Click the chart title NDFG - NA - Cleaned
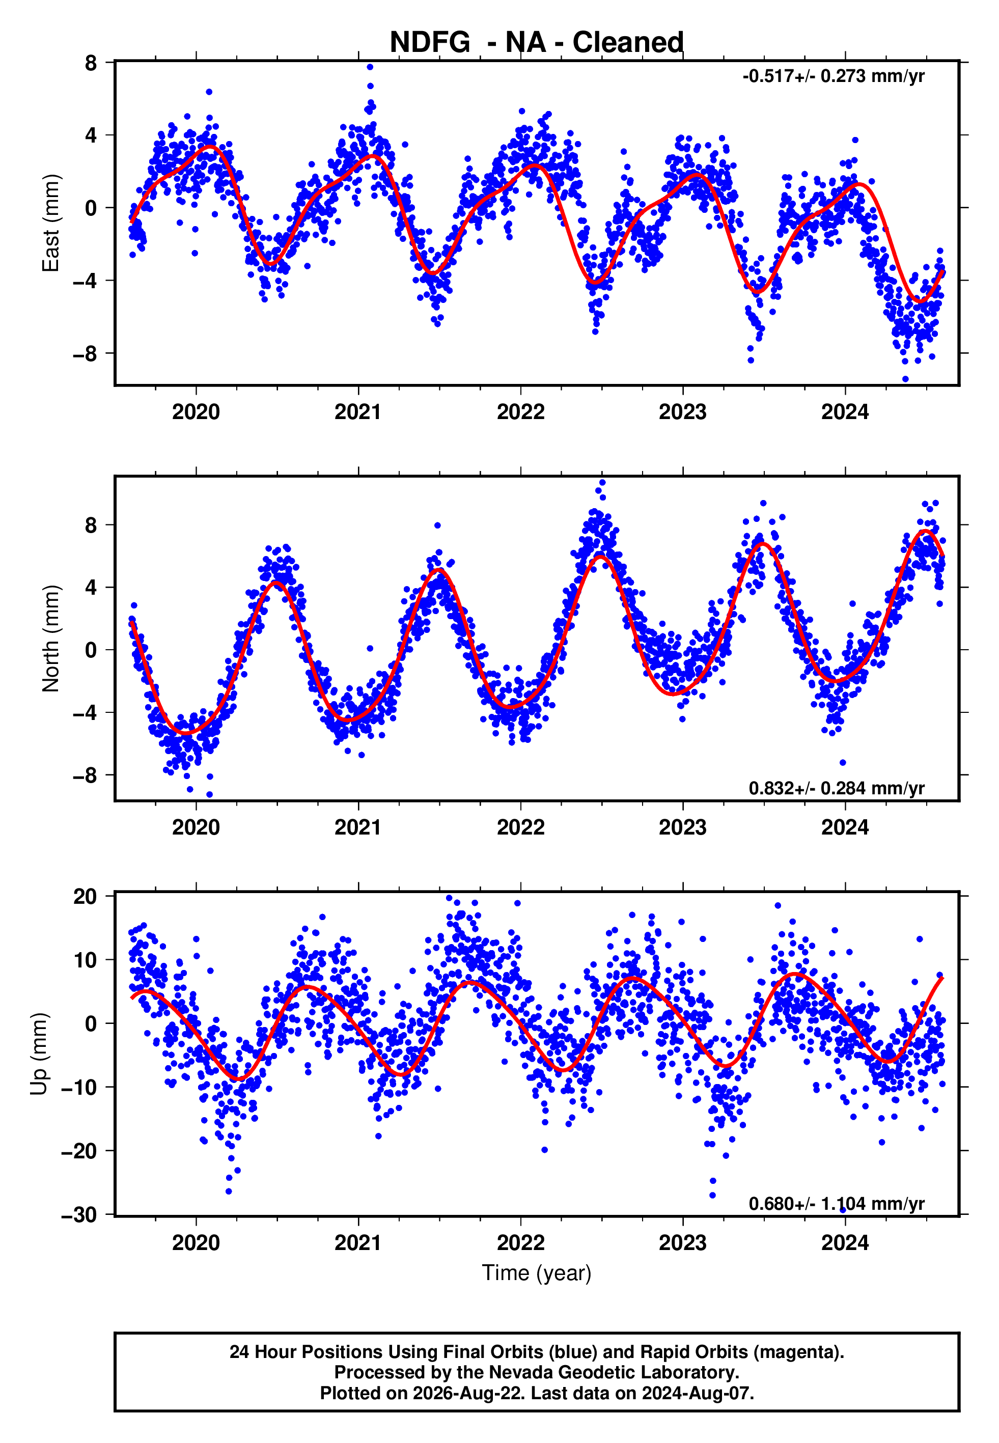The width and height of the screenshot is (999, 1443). click(x=537, y=43)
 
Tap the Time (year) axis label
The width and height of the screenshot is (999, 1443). click(x=537, y=1273)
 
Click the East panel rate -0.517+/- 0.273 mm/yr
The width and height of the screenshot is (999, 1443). click(x=833, y=76)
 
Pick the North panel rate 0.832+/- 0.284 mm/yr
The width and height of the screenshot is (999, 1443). click(x=836, y=788)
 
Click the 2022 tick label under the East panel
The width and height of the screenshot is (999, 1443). click(x=521, y=412)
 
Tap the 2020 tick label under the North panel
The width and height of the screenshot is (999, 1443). click(x=196, y=827)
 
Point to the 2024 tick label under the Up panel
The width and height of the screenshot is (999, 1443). click(x=845, y=1243)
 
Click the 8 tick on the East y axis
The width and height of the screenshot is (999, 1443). click(x=91, y=63)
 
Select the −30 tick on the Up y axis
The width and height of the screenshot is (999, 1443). click(x=79, y=1214)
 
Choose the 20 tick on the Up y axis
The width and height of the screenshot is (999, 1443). click(x=86, y=897)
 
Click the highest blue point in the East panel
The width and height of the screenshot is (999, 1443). click(x=370, y=67)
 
